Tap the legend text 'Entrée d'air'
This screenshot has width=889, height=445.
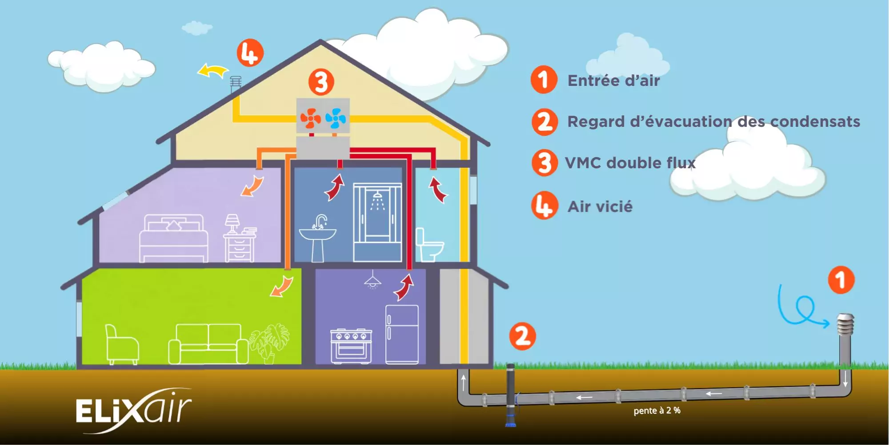613,81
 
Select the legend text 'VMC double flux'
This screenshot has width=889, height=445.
630,163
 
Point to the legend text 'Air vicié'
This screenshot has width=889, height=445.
600,206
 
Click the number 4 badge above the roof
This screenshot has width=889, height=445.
250,53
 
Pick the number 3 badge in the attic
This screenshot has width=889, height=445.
321,82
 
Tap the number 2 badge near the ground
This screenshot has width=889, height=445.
522,336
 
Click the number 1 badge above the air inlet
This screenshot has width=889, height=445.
841,280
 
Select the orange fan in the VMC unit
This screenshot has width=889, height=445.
310,118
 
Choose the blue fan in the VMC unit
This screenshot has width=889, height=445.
336,118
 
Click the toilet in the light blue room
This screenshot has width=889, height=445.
429,245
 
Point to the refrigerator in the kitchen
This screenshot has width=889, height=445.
402,334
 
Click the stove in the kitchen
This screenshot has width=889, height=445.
351,346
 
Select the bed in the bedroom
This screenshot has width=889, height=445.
173,239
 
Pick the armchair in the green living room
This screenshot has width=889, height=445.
121,344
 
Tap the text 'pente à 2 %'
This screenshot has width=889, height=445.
657,410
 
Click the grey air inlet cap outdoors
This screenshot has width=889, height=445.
845,325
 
